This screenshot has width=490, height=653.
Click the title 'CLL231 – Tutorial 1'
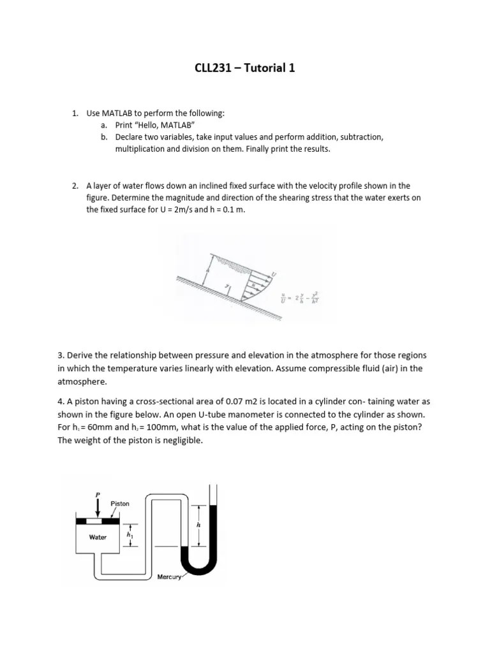(x=244, y=68)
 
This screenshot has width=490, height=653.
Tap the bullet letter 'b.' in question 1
(x=104, y=137)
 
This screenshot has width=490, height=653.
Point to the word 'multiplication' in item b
(x=140, y=149)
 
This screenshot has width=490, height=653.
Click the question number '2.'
(x=75, y=186)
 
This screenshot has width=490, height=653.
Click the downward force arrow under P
(x=98, y=508)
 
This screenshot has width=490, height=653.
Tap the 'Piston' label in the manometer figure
(x=120, y=504)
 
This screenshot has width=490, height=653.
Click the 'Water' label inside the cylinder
(x=98, y=537)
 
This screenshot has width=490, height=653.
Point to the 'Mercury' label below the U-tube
(x=169, y=576)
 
